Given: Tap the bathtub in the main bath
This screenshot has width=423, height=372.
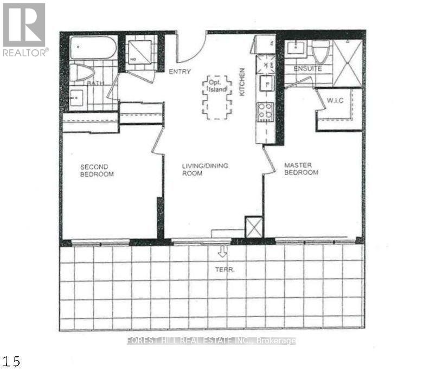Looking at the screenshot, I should tap(93, 48).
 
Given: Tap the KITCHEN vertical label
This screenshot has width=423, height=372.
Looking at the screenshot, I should tap(242, 81).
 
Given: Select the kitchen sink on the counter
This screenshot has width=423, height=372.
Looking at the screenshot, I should tap(266, 84).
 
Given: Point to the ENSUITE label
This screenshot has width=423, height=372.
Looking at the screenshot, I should tap(307, 69).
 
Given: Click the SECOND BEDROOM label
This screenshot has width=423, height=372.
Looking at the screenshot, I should tap(97, 170).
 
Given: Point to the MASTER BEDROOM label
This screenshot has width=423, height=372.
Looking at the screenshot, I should tap(301, 169).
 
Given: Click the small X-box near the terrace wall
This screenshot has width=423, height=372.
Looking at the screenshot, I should tap(254, 227).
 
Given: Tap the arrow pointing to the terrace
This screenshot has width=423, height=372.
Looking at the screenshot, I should tap(222, 251).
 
